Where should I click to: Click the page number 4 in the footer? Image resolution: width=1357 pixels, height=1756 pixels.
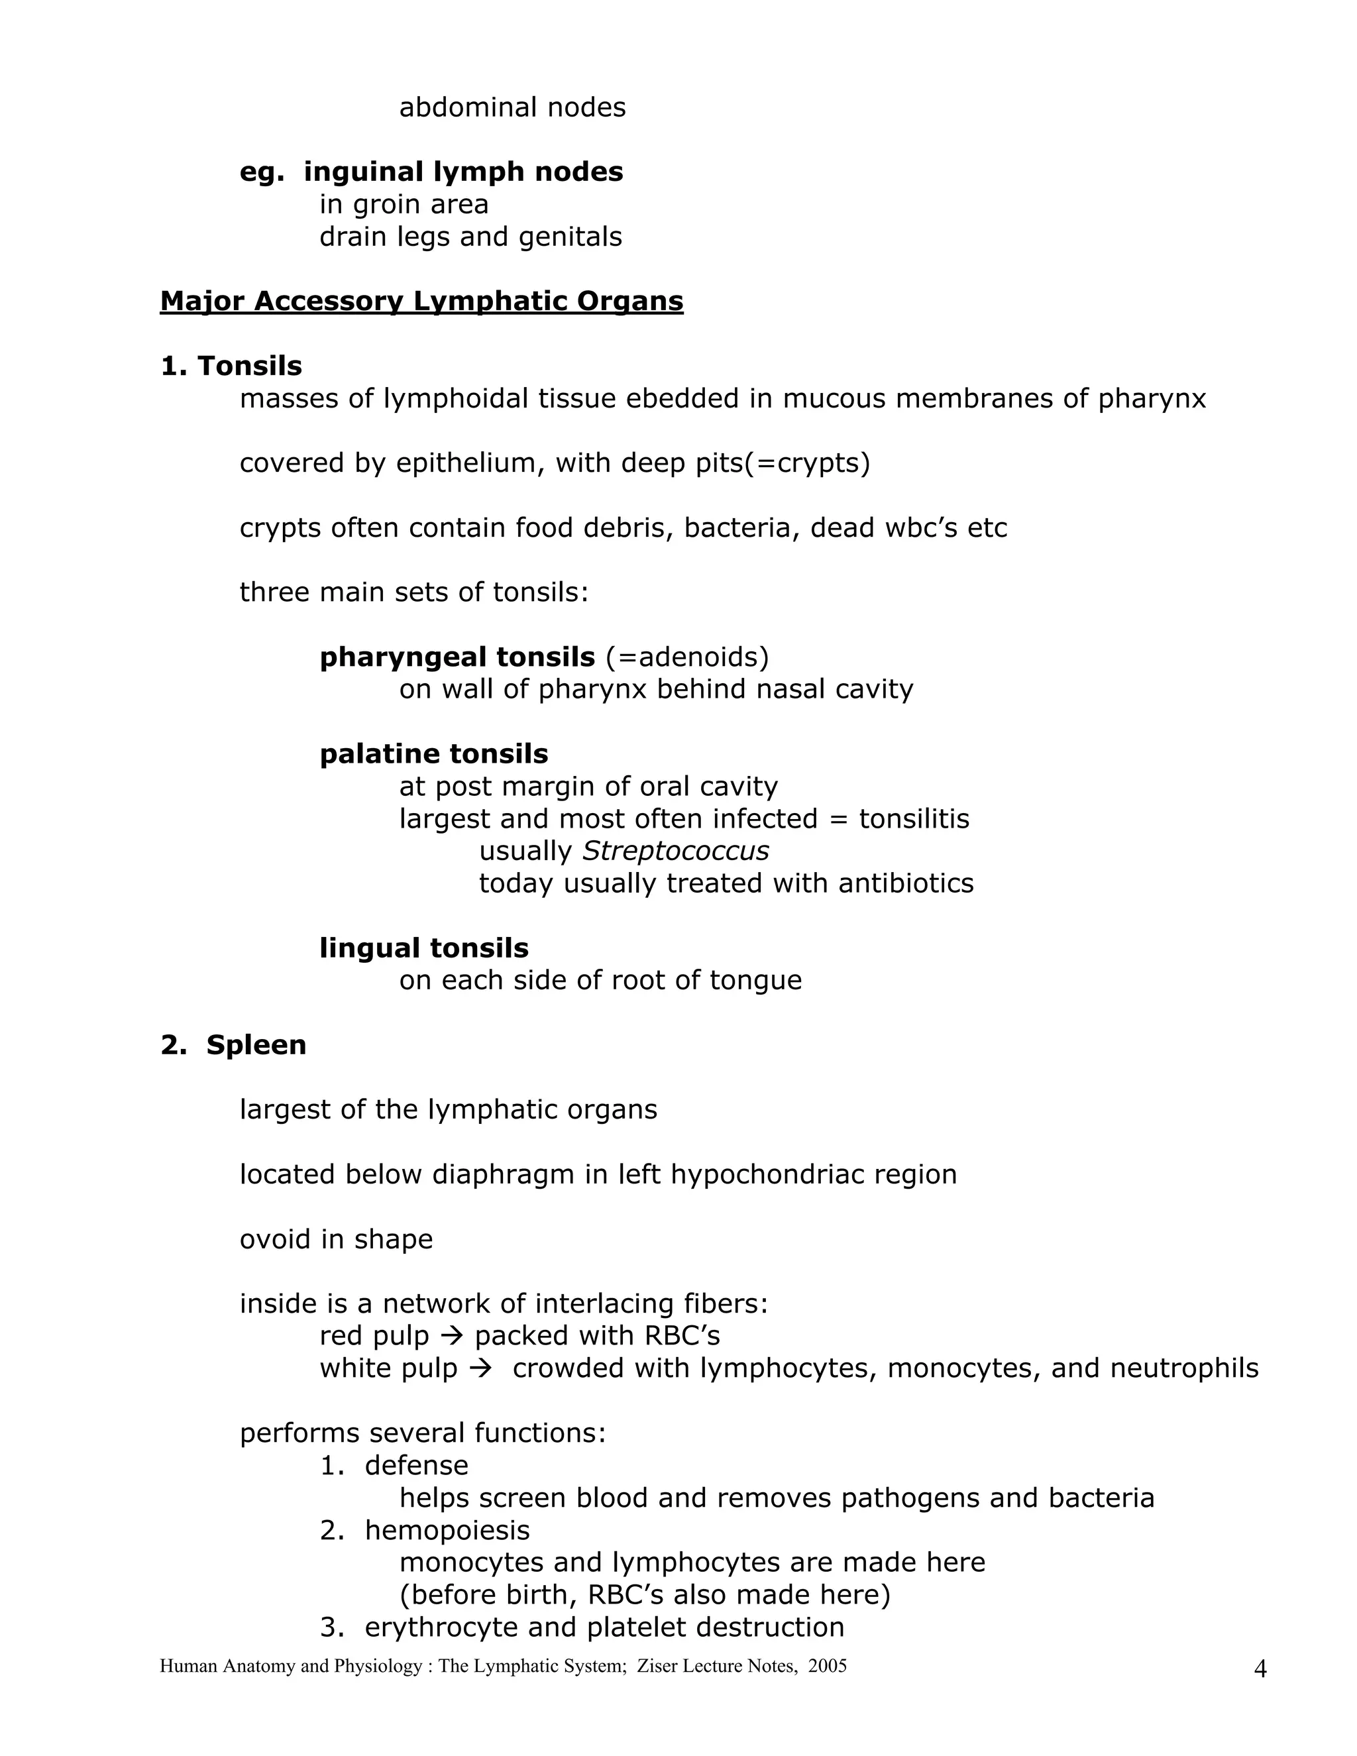click(1260, 1670)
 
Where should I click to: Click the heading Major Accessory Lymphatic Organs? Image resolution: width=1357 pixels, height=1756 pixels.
click(421, 301)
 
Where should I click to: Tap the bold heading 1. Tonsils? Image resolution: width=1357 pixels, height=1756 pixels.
click(231, 366)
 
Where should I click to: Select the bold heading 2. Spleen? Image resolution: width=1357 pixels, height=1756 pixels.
click(233, 1044)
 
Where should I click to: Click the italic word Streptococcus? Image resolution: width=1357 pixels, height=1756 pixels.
click(675, 851)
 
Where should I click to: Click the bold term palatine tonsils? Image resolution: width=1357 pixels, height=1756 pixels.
click(433, 754)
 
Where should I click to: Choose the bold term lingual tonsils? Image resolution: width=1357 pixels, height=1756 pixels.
click(423, 948)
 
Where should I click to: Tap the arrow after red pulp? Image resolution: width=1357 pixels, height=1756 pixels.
click(453, 1335)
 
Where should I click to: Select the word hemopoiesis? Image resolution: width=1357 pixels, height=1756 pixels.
click(447, 1529)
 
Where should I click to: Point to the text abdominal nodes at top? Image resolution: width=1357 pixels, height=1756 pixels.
click(512, 107)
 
